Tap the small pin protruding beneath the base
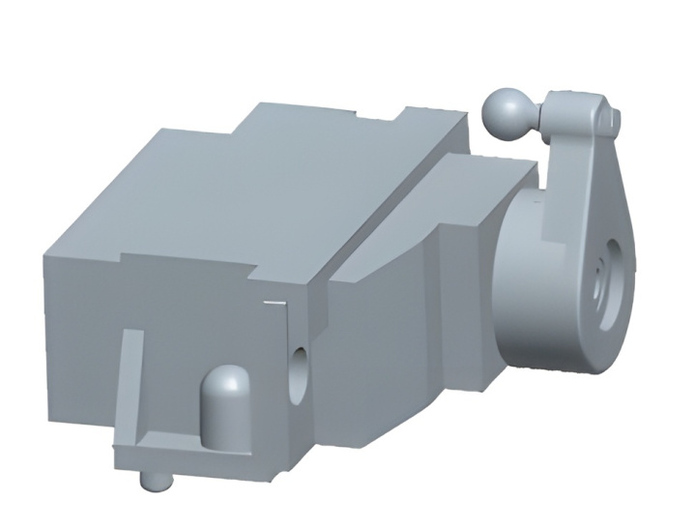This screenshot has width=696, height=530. click(x=153, y=479)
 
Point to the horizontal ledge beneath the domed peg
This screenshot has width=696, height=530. click(x=193, y=454)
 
